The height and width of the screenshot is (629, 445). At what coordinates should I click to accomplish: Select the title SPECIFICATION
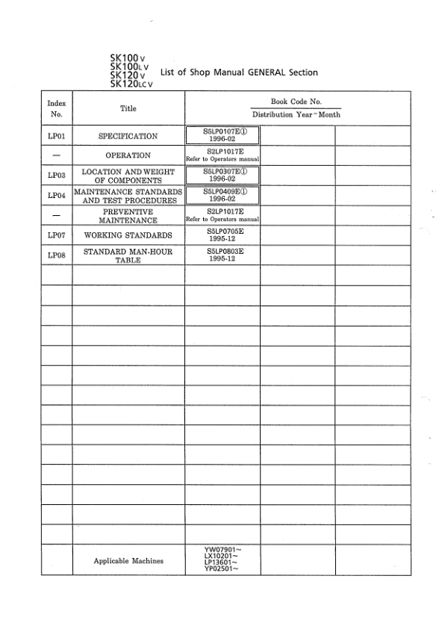click(128, 137)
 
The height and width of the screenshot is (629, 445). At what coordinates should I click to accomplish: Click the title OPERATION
click(128, 155)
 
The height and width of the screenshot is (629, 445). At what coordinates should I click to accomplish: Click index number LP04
click(56, 195)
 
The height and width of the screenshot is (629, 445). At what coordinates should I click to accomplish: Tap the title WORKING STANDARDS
click(128, 236)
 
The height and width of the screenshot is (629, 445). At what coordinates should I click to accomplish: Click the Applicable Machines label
click(128, 560)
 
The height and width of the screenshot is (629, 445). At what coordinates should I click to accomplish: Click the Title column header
click(128, 108)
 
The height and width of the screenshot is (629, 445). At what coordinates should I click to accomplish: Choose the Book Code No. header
click(296, 101)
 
